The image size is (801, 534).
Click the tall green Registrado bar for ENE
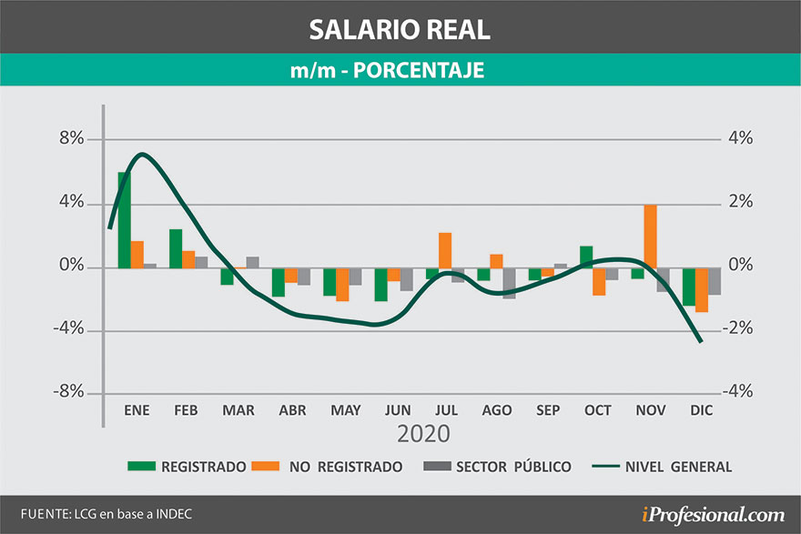pos(124,219)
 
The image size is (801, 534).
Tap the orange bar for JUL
pos(445,250)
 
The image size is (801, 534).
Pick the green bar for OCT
pos(586,257)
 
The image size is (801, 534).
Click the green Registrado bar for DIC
pos(689,286)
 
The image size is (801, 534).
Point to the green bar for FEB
pos(176,248)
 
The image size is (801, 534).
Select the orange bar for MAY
pos(342,284)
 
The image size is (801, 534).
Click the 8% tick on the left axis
pos(72,139)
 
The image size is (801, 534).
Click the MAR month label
pos(238,411)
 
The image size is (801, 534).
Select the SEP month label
pos(548,411)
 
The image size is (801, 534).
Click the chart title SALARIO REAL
pos(400,28)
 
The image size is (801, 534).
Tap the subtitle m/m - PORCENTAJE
pos(400,70)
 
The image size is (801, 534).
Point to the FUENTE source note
pos(106,514)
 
